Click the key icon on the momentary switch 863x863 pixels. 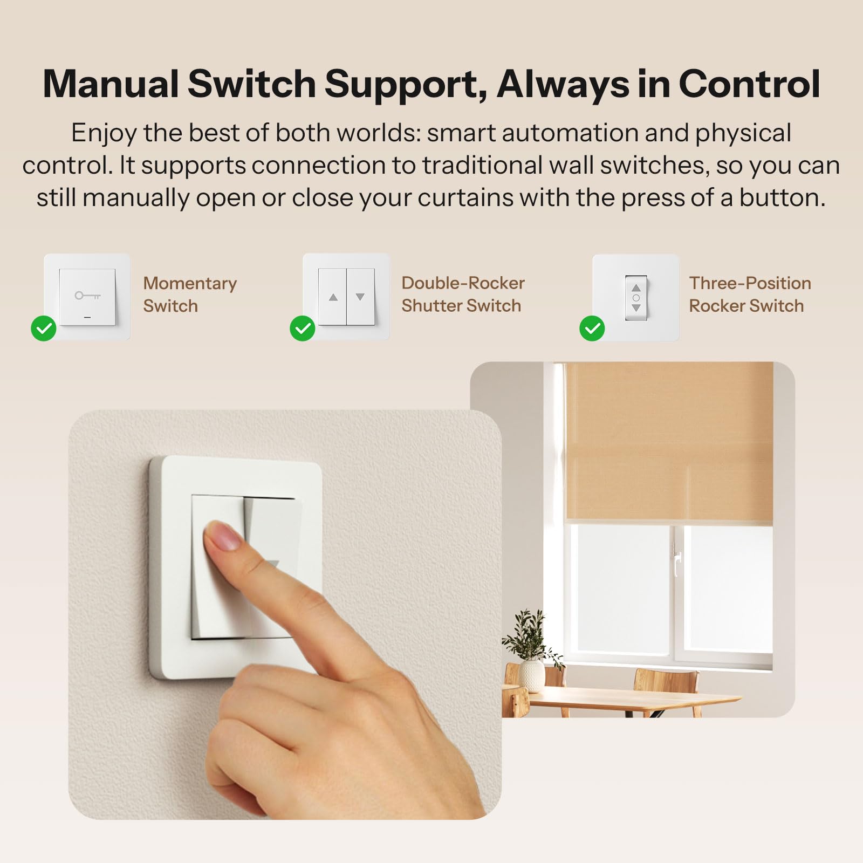tap(87, 296)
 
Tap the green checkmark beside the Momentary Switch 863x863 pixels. tap(44, 328)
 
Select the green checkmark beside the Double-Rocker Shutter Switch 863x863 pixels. tap(303, 328)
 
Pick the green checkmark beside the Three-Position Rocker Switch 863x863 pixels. tap(592, 328)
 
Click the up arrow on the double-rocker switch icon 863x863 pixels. tap(333, 297)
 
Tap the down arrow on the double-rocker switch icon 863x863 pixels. tap(360, 297)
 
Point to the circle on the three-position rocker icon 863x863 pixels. tap(636, 298)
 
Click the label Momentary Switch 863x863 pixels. tap(190, 294)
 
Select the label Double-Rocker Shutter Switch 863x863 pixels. tap(463, 294)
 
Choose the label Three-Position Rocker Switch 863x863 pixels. tap(750, 294)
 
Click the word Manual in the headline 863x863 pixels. tap(111, 84)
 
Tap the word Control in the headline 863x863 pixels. tap(749, 84)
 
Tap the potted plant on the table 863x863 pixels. tap(531, 653)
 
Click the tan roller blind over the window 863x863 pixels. tap(669, 442)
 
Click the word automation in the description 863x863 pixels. tap(570, 133)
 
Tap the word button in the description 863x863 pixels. tap(782, 198)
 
